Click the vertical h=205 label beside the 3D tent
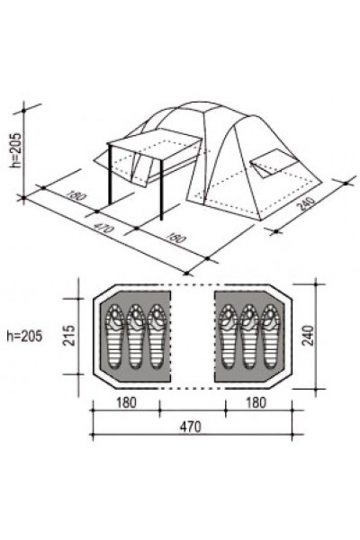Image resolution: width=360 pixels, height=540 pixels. (x=16, y=150)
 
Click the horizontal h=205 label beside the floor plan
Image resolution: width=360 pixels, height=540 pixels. (x=25, y=336)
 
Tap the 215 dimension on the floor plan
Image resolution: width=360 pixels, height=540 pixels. (x=69, y=335)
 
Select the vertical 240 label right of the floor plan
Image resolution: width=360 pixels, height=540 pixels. (x=308, y=335)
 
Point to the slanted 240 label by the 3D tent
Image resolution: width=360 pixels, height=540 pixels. (x=306, y=203)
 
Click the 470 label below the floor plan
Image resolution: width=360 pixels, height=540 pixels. (x=190, y=427)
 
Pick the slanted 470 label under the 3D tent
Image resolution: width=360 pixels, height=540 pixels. (x=103, y=228)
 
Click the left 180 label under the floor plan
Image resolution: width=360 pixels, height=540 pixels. (x=126, y=402)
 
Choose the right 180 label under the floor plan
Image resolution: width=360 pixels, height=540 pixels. (x=256, y=402)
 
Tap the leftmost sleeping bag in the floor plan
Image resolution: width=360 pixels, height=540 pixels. (x=115, y=337)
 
